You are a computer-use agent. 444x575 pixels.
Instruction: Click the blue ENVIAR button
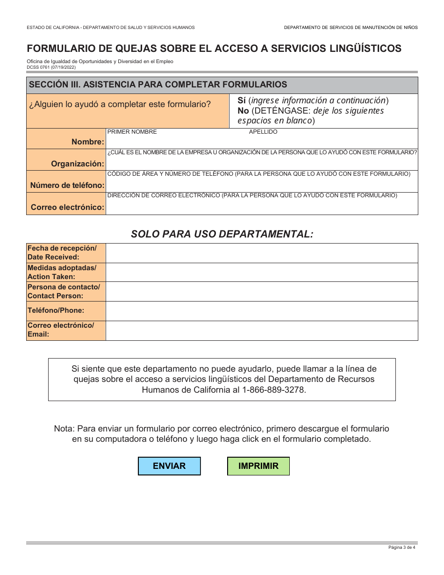169,466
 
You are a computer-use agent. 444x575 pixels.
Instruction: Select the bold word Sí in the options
242,101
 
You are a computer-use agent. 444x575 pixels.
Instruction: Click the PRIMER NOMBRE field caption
132,132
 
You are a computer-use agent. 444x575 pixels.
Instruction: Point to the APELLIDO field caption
263,132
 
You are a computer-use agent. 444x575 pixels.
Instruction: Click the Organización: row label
78,164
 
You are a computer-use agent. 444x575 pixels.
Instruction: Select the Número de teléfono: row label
67,185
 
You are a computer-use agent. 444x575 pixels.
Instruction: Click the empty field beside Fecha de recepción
262,253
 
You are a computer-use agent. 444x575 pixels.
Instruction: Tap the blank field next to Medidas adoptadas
262,272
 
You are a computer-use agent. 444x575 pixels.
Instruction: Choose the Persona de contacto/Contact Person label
64,291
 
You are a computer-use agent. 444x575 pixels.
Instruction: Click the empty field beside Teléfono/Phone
262,311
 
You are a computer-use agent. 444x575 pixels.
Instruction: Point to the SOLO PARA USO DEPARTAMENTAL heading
222,234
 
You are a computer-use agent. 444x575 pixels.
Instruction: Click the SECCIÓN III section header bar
222,85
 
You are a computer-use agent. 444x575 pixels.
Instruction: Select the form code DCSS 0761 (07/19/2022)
51,67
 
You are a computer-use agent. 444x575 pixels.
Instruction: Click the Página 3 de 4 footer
401,547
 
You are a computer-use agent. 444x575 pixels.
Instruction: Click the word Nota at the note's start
64,429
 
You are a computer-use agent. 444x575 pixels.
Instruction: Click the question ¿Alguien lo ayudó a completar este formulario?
120,104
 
